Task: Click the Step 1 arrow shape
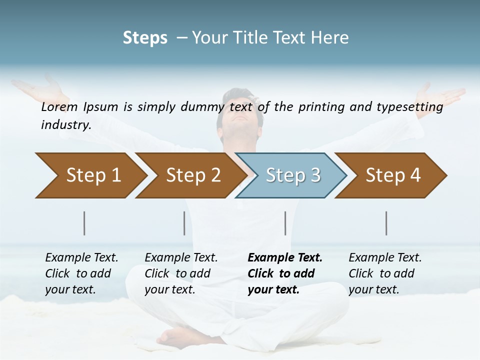click(x=90, y=175)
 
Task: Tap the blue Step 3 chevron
click(x=292, y=175)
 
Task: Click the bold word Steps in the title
click(x=145, y=38)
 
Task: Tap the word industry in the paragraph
click(x=66, y=124)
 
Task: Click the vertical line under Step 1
click(x=84, y=223)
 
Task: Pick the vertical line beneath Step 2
click(x=184, y=223)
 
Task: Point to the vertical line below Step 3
click(x=285, y=223)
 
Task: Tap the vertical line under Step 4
click(x=386, y=223)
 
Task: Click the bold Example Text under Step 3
click(x=285, y=257)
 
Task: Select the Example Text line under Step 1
click(x=81, y=257)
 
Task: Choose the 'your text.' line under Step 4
click(x=373, y=289)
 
